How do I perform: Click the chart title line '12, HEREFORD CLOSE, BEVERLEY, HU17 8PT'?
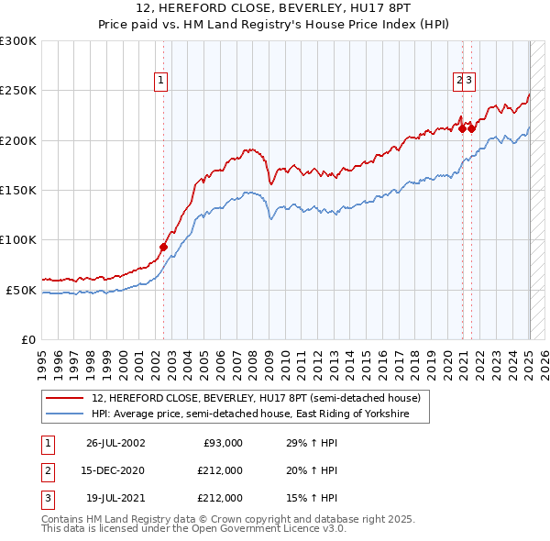(274, 8)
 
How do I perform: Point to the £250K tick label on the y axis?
(18, 91)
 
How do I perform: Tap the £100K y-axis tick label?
(18, 239)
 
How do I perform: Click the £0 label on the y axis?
(28, 339)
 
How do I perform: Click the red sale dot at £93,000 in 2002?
(163, 247)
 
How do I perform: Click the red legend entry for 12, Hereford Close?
(256, 399)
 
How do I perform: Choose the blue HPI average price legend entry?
(259, 414)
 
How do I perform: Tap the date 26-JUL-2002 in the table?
(115, 443)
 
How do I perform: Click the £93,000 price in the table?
(222, 443)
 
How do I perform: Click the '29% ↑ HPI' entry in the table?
(312, 443)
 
